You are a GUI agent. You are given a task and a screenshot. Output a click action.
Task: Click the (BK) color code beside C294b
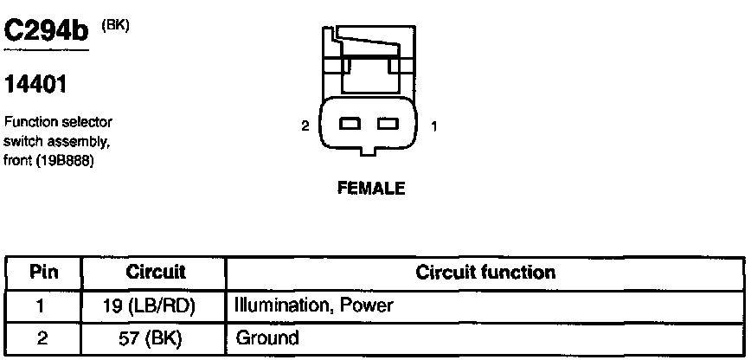(x=115, y=25)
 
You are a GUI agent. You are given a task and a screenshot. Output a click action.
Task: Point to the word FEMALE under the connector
(x=369, y=188)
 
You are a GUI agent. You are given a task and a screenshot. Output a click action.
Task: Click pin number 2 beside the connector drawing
(x=305, y=126)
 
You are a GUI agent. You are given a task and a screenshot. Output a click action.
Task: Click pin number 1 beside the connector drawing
(x=433, y=126)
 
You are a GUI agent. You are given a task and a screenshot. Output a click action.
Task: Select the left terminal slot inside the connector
(x=350, y=124)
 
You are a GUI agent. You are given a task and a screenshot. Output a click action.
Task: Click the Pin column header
(x=43, y=273)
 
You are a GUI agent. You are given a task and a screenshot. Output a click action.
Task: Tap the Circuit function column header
(x=485, y=273)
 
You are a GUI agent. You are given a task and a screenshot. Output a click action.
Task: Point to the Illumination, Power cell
(x=314, y=305)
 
